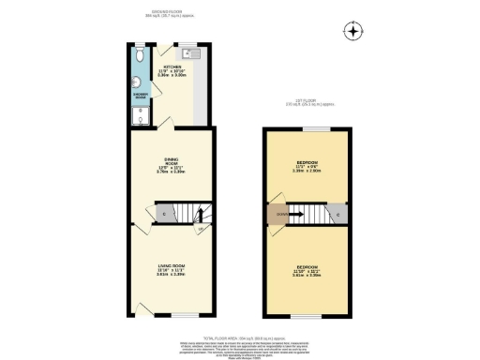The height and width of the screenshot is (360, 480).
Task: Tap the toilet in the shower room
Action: [x=139, y=54]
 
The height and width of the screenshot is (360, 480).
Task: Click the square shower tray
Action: [x=139, y=114]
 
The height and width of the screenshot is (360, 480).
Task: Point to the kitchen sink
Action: [x=187, y=52]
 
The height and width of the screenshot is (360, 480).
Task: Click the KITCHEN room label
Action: [x=173, y=71]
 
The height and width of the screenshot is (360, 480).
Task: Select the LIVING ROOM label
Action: [x=170, y=271]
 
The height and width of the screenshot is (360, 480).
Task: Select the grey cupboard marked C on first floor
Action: [x=337, y=214]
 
